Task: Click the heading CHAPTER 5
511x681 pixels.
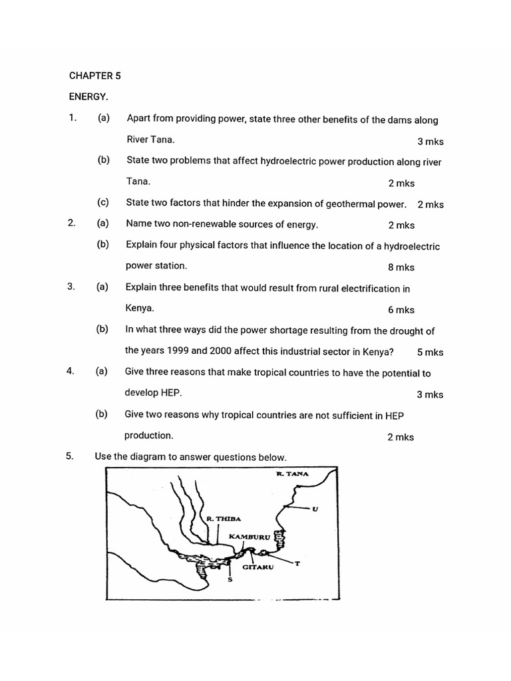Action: tap(94, 76)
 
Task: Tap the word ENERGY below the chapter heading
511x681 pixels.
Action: tap(88, 97)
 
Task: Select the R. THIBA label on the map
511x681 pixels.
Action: tap(223, 519)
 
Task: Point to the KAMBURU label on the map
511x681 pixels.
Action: tap(250, 536)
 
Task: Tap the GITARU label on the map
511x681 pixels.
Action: tap(257, 567)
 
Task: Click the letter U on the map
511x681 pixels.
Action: tap(315, 509)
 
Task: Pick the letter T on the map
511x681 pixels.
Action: tap(297, 564)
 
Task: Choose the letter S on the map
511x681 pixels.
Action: tap(230, 578)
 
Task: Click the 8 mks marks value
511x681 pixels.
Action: tap(401, 267)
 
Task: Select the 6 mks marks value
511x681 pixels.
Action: tap(401, 310)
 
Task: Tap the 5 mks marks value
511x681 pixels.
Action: tap(430, 352)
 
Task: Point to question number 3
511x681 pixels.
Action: tap(71, 287)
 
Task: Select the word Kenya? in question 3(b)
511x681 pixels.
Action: tap(373, 352)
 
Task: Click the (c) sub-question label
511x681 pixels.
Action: tap(102, 202)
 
